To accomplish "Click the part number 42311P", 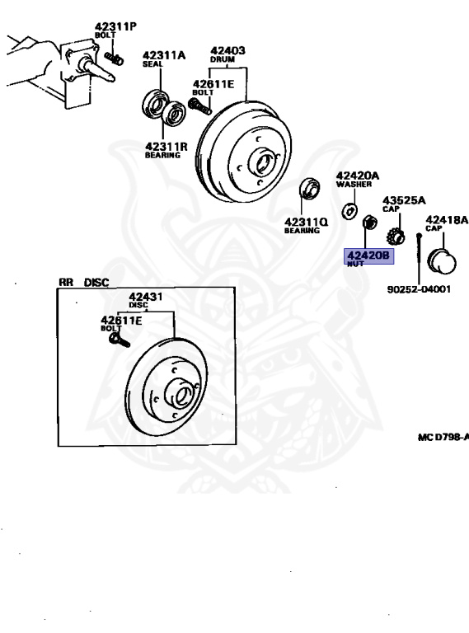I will (x=115, y=26).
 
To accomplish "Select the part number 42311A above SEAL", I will (x=163, y=56).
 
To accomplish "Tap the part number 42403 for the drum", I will (x=227, y=50).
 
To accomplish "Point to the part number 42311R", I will (x=166, y=147).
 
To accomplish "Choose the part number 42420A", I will (x=357, y=176).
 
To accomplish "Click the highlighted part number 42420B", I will (x=367, y=256).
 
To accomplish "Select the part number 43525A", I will (x=403, y=199).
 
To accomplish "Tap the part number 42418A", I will (x=446, y=220).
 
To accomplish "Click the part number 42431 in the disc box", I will (x=145, y=298).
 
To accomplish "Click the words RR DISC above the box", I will (x=83, y=282).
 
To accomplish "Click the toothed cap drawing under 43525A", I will (x=396, y=233).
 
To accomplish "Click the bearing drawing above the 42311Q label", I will (x=308, y=189).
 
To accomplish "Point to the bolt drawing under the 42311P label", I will (x=115, y=57).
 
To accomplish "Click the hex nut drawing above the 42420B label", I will (x=370, y=222).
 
